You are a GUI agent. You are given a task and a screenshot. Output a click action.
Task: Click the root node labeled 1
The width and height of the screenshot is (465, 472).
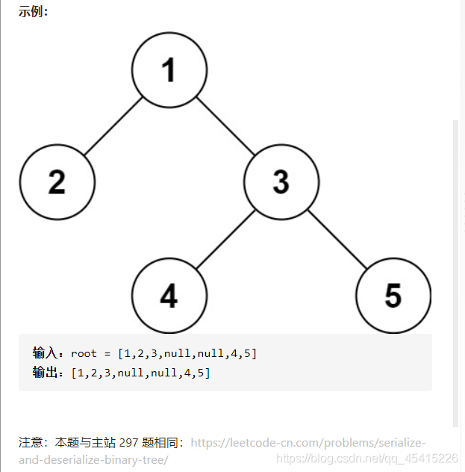tap(169, 69)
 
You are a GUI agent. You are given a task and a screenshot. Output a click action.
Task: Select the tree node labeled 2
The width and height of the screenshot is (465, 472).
tap(57, 181)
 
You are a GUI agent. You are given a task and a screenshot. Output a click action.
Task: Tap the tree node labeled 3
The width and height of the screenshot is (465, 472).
tap(281, 181)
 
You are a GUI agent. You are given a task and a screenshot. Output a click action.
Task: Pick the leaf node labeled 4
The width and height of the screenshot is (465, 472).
tap(169, 296)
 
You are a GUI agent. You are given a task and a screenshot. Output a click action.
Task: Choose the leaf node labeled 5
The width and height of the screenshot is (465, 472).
tap(393, 296)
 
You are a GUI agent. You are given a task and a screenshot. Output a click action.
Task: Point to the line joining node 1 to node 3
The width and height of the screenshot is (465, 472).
tap(225, 125)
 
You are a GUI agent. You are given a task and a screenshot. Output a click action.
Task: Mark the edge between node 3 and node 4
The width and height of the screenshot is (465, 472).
tap(225, 239)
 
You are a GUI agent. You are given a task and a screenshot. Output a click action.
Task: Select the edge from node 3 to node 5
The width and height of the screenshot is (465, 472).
tap(337, 239)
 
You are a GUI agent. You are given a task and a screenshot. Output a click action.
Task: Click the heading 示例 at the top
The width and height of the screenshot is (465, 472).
tap(33, 11)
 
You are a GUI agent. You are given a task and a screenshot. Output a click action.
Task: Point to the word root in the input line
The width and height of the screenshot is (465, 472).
tap(84, 353)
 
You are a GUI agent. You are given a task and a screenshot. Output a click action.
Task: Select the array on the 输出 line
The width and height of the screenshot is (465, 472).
tap(141, 372)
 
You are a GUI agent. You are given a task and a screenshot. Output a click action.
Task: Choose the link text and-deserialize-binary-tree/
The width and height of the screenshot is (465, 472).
tap(93, 459)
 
